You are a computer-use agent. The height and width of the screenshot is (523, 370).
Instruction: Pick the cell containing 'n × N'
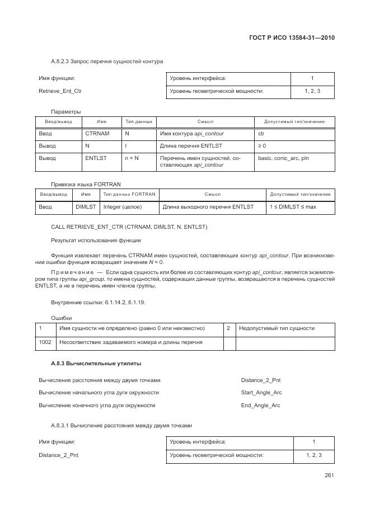click(132, 158)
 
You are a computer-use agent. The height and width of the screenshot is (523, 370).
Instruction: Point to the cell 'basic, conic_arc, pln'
click(283, 158)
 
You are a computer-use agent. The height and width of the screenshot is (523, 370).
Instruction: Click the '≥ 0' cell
click(262, 146)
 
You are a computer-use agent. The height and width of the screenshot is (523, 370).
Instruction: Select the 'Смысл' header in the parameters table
click(205, 121)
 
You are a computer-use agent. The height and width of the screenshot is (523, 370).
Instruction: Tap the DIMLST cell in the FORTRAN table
click(86, 207)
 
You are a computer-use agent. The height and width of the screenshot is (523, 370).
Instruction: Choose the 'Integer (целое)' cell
click(123, 207)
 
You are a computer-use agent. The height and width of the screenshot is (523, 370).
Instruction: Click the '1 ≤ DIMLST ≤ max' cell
click(293, 207)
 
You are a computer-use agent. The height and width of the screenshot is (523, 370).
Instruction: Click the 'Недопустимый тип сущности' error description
click(277, 328)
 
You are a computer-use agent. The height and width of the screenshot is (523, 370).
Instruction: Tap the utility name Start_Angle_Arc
click(261, 393)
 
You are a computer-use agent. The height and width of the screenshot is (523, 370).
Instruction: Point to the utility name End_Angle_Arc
click(260, 405)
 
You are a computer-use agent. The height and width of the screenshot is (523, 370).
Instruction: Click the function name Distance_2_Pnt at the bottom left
click(58, 455)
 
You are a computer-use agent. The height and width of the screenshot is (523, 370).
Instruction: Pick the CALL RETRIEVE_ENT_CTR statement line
click(129, 227)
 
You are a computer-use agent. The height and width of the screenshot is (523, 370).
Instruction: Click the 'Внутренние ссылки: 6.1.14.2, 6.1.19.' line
click(93, 303)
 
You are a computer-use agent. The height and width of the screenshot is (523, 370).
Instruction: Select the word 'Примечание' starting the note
click(69, 272)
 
